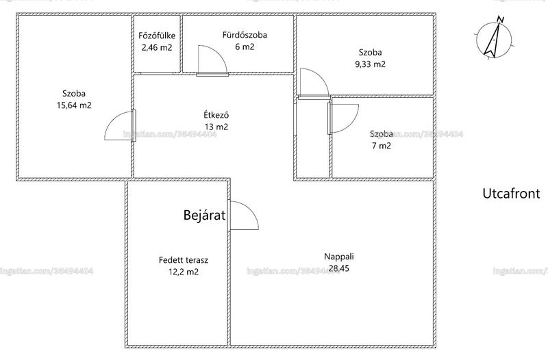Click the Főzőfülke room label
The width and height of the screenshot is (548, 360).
(157, 36)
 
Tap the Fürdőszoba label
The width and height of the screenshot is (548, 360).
(245, 35)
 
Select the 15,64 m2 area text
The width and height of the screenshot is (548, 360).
(74, 105)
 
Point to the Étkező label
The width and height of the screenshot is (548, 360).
(216, 114)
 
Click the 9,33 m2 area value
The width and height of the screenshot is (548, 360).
(371, 64)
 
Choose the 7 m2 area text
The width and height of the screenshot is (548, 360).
(382, 146)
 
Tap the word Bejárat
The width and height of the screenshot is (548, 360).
(204, 215)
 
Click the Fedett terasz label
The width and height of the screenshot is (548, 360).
(184, 260)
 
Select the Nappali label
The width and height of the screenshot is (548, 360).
(339, 257)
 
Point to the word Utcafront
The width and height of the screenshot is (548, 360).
(511, 194)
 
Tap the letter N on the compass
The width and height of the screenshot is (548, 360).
(501, 20)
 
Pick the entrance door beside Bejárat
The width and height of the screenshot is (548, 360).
(244, 215)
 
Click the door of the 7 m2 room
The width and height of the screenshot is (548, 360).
(343, 118)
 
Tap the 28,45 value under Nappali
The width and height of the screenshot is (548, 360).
(339, 268)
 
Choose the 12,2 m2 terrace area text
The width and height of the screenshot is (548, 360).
(184, 272)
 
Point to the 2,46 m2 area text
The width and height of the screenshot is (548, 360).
(157, 47)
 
